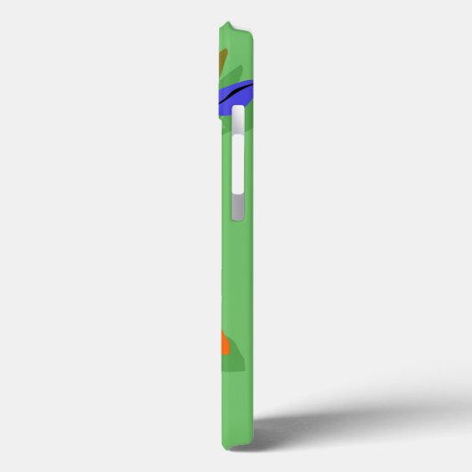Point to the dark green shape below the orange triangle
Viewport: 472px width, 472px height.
230,362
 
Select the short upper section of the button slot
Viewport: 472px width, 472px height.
237,120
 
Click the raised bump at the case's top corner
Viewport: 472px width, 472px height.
230,27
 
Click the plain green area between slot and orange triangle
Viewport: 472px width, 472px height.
235,276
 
